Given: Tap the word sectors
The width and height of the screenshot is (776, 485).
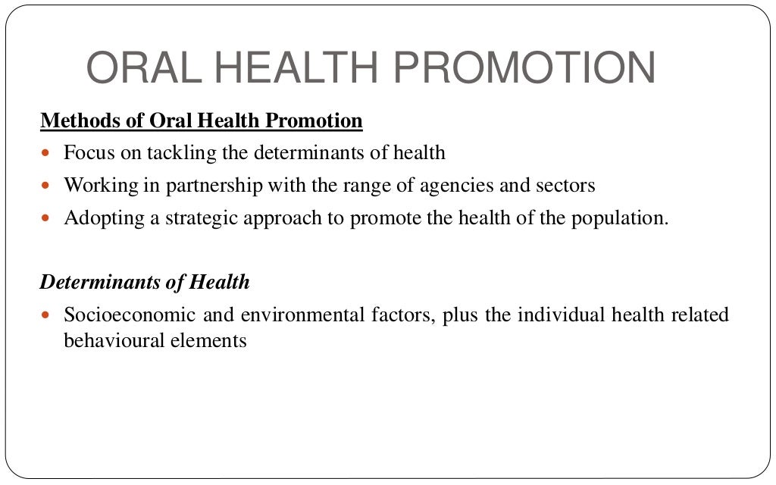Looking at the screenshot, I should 567,185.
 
